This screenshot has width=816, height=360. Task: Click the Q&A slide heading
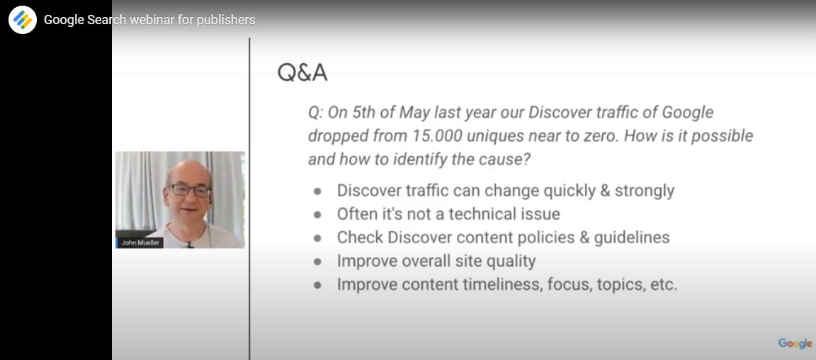coord(302,73)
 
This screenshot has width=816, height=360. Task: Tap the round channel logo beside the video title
coord(23,20)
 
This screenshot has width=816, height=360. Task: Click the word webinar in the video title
coord(152,20)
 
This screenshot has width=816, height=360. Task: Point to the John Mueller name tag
coord(140,243)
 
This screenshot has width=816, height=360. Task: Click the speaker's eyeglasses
coord(188,190)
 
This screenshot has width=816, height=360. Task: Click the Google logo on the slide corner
coord(795,343)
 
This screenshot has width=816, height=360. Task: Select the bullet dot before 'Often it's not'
coord(317,215)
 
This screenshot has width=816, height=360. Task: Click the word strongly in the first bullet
coord(645,191)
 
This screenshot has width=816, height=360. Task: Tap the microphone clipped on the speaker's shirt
coord(190,244)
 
